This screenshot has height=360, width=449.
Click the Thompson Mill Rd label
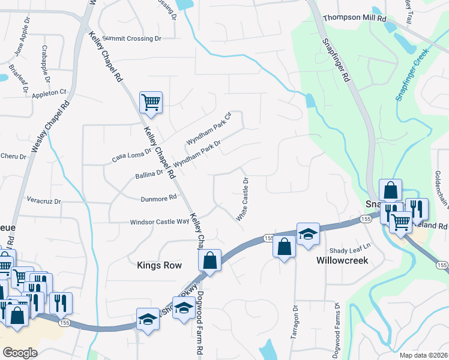354,19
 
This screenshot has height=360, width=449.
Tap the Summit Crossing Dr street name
131,38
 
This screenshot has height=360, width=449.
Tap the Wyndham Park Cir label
208,129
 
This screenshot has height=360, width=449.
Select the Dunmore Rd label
158,197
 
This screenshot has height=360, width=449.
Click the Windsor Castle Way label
160,221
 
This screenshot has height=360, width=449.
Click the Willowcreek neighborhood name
342,261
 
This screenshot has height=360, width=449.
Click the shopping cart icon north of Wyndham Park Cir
151,102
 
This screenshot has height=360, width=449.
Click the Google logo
20,353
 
